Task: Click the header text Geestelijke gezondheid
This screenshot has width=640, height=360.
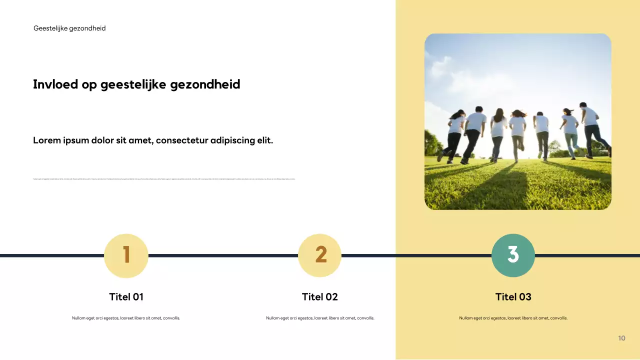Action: [69, 28]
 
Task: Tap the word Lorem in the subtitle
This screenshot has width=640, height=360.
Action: [46, 140]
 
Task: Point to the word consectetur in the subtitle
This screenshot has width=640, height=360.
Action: [182, 140]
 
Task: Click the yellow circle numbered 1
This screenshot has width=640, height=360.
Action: [126, 255]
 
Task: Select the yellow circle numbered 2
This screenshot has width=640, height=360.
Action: [320, 255]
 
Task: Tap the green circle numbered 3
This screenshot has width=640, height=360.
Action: [513, 255]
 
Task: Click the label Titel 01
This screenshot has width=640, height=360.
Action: [126, 297]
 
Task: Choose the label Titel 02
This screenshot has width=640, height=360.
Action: [320, 297]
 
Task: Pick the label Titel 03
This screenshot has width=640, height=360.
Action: [513, 297]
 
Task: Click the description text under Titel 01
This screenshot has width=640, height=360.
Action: [126, 318]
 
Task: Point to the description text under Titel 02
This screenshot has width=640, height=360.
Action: [320, 318]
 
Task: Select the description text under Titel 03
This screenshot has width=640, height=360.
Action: [513, 318]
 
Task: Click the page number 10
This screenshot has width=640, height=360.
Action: [621, 338]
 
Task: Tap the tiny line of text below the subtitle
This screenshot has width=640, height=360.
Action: [164, 179]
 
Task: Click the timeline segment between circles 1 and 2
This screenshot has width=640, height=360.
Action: [222, 255]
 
